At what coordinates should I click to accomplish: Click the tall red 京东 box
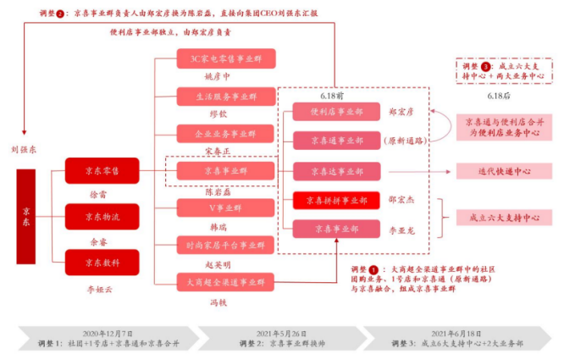25,216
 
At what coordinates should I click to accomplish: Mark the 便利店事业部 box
336,111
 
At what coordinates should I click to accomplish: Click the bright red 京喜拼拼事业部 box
336,201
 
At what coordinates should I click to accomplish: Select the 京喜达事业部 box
336,171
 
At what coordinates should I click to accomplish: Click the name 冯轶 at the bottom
219,302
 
